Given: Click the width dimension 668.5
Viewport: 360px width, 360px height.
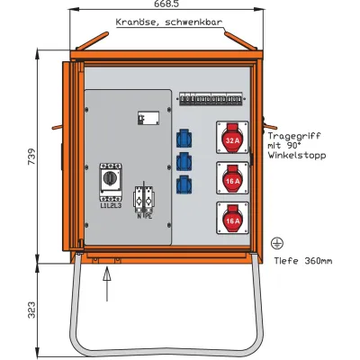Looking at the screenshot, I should pyautogui.click(x=165, y=5).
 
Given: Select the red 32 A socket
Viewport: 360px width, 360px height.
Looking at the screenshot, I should pyautogui.click(x=232, y=139).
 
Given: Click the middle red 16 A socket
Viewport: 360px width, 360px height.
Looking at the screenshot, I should pyautogui.click(x=232, y=179).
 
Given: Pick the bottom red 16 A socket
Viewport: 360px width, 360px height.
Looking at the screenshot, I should pyautogui.click(x=232, y=219).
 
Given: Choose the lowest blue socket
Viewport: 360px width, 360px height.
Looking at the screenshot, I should pyautogui.click(x=184, y=185).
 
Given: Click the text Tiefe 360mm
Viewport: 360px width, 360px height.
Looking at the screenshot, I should pyautogui.click(x=302, y=261).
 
